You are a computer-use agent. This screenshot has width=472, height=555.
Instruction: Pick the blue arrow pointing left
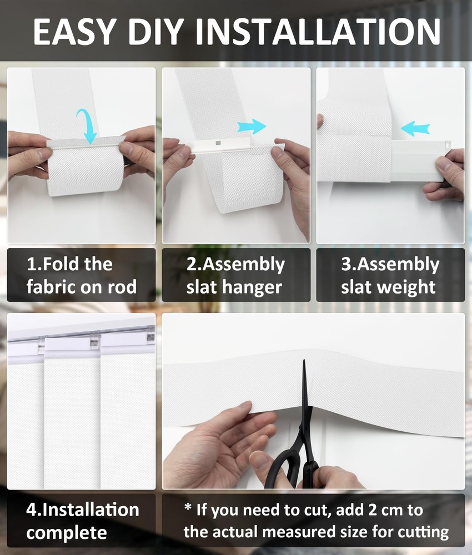click(415, 128)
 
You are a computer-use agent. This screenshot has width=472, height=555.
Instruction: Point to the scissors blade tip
click(304, 363)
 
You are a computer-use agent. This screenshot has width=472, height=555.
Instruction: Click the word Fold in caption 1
click(62, 264)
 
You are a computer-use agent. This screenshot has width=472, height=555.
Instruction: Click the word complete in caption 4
click(67, 533)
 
